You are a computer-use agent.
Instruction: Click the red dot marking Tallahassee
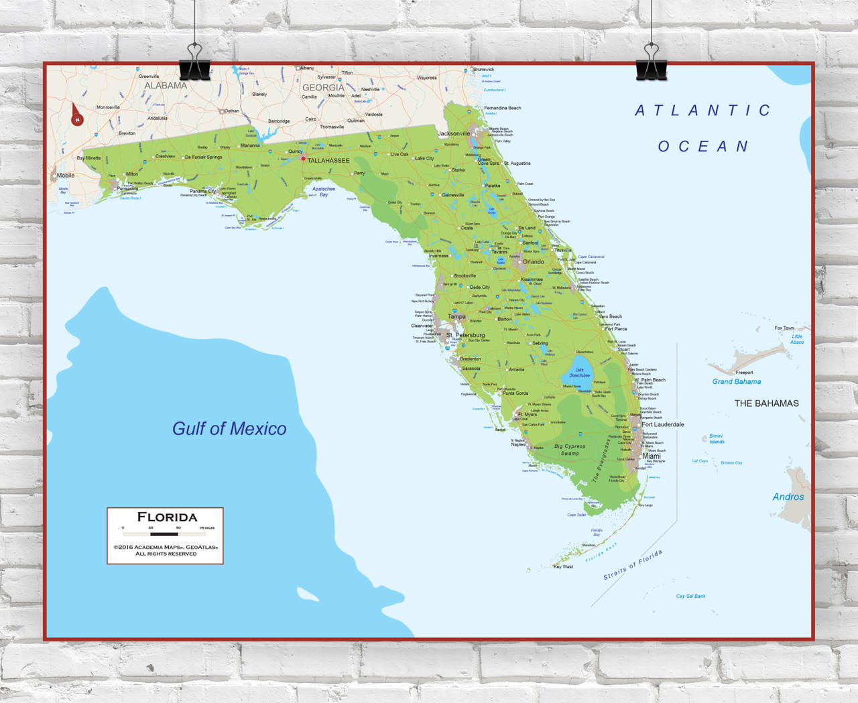pos(303,159)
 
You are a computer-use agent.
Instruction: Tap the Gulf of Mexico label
pos(229,429)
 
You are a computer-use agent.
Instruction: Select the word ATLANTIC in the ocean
pos(703,111)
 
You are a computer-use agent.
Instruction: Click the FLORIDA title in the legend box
pos(167,517)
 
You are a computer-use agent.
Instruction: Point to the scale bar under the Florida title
pos(164,534)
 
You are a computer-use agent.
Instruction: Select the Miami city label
pos(652,456)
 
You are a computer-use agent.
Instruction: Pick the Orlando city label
pos(534,262)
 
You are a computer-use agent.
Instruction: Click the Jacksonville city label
pos(454,133)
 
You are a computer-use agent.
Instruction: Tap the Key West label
pos(563,567)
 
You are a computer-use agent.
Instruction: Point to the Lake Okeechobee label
pos(579,373)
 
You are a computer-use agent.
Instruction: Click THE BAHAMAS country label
pos(766,403)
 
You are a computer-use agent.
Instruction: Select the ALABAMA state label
pos(166,86)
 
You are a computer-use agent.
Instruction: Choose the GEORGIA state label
pos(322,88)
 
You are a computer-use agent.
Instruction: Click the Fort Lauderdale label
pos(663,424)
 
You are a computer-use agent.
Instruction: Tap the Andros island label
pos(788,497)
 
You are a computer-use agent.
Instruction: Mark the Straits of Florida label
pos(633,564)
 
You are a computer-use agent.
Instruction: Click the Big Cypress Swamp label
pos(570,450)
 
